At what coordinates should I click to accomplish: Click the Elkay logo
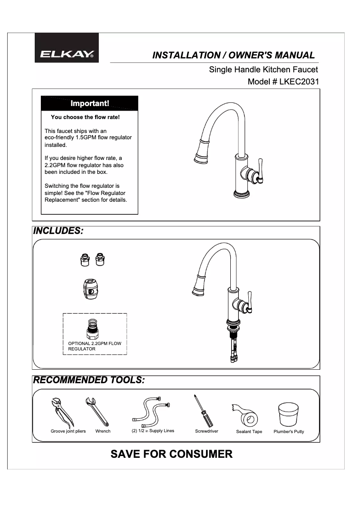[67, 54]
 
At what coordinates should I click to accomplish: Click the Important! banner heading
[89, 104]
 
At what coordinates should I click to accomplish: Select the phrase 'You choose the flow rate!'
[85, 117]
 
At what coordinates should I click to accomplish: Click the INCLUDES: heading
[58, 231]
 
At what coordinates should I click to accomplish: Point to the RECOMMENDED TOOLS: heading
[89, 380]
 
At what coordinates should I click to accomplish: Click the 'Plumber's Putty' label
[289, 432]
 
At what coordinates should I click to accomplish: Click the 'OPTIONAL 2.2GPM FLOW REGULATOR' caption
[94, 346]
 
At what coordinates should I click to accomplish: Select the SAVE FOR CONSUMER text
[171, 454]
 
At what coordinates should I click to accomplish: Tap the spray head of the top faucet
[200, 152]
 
